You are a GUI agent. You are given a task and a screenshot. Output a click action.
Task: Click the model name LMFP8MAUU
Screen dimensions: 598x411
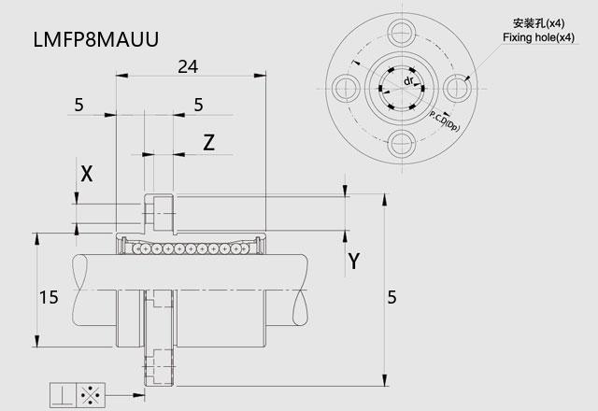[x=96, y=39]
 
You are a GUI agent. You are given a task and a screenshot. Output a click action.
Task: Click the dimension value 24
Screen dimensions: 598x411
[x=188, y=66]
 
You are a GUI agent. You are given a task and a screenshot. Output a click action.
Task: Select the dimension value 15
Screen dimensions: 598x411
[x=49, y=297]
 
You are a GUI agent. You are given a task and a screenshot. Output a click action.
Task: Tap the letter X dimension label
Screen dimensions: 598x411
[x=87, y=174]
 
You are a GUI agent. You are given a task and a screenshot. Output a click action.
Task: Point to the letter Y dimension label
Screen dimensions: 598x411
[x=354, y=262]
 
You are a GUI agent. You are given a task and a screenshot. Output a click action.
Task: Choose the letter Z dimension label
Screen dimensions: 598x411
[x=208, y=143]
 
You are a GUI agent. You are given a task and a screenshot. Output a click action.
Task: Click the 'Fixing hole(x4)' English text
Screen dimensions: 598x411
[x=538, y=37]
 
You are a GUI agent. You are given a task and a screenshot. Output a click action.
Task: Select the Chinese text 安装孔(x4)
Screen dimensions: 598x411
[x=538, y=23]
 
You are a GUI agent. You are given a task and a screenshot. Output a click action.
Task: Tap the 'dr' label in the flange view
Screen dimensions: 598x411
[x=408, y=81]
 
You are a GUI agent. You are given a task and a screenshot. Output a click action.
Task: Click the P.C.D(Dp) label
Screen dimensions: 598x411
[x=445, y=120]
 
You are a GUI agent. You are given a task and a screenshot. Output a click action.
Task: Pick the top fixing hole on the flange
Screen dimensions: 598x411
[x=402, y=33]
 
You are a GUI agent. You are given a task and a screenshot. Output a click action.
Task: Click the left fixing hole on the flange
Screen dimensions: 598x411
[x=347, y=88]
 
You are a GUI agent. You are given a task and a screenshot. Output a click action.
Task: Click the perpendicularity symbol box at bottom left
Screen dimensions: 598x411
[x=64, y=395]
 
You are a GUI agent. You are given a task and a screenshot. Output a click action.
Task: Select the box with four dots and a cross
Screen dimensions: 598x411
[x=91, y=395]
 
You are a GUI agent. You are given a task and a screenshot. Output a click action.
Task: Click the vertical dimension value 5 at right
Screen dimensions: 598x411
[x=392, y=297]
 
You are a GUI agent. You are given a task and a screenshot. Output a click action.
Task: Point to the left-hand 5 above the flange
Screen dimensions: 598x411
[x=78, y=105]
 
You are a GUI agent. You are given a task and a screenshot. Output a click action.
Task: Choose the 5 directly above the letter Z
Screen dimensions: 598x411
[x=198, y=105]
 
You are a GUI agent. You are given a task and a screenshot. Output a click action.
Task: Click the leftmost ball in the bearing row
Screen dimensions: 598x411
[x=136, y=249]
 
